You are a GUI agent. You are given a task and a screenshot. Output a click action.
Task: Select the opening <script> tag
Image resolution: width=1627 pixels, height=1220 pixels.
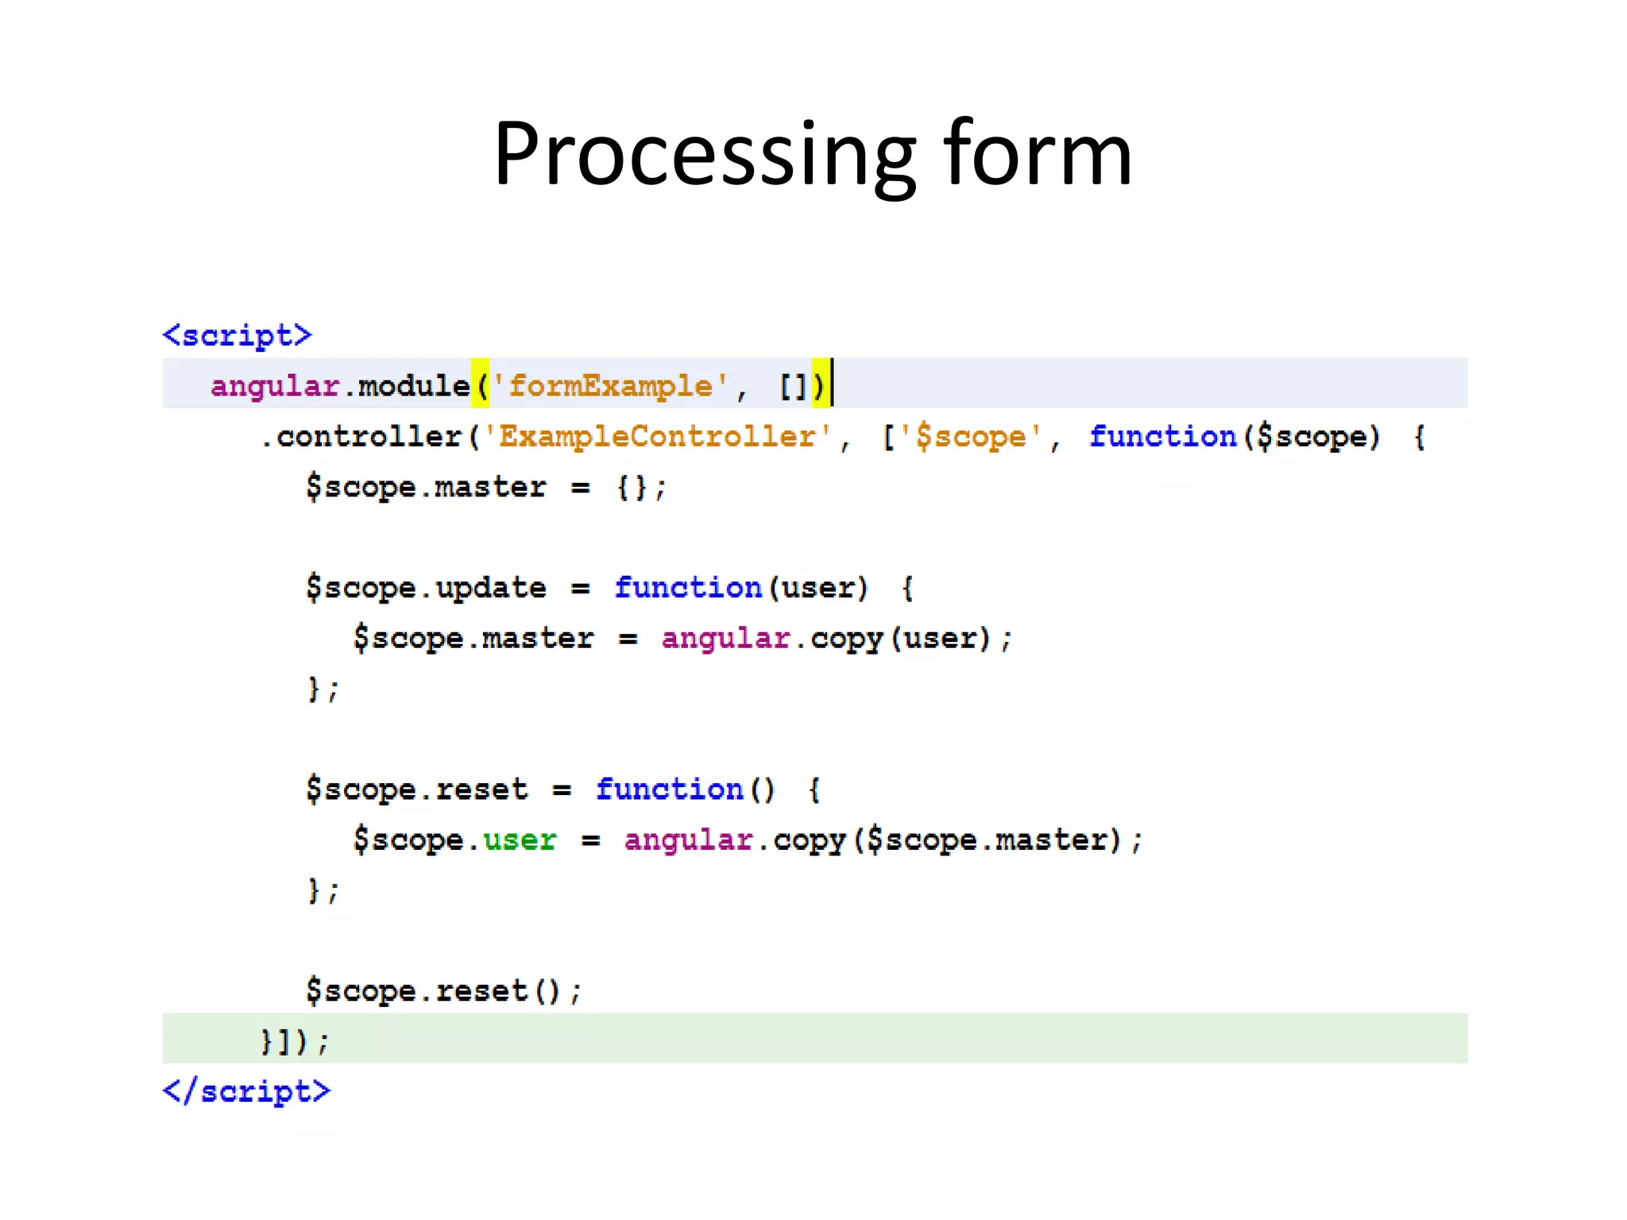pyautogui.click(x=237, y=335)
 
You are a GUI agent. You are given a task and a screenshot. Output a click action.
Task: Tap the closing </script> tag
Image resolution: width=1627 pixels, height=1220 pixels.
pyautogui.click(x=246, y=1091)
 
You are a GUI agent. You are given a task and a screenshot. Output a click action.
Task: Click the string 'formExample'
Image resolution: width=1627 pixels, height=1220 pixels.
pyautogui.click(x=610, y=386)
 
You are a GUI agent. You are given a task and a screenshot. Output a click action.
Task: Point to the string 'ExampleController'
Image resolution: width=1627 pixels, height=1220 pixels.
pyautogui.click(x=657, y=436)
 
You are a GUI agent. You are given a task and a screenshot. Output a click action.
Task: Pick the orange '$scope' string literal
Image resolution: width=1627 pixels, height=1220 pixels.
pyautogui.click(x=970, y=436)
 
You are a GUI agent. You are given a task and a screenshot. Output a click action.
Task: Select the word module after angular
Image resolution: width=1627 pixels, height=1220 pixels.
pyautogui.click(x=414, y=386)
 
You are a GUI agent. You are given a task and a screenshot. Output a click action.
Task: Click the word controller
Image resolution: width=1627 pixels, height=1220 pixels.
pyautogui.click(x=369, y=436)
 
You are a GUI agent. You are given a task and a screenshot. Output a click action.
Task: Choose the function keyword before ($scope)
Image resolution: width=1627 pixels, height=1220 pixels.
pyautogui.click(x=1162, y=436)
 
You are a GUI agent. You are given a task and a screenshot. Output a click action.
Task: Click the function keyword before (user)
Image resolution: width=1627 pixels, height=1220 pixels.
pyautogui.click(x=688, y=588)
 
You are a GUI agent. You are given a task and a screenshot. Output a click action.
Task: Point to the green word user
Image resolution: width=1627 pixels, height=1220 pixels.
pyautogui.click(x=520, y=840)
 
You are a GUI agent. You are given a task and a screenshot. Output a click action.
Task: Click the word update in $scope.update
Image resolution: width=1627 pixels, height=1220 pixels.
pyautogui.click(x=491, y=588)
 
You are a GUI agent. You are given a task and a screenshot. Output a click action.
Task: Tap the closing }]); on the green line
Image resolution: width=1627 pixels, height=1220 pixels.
pyautogui.click(x=294, y=1040)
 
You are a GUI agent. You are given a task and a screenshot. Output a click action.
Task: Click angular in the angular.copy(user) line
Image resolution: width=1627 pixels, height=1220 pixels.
pyautogui.click(x=725, y=638)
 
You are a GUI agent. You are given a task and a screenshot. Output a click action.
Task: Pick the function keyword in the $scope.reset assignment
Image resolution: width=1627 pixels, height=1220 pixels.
pyautogui.click(x=669, y=790)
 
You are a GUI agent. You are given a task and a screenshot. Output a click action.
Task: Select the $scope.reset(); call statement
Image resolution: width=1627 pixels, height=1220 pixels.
pyautogui.click(x=443, y=990)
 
